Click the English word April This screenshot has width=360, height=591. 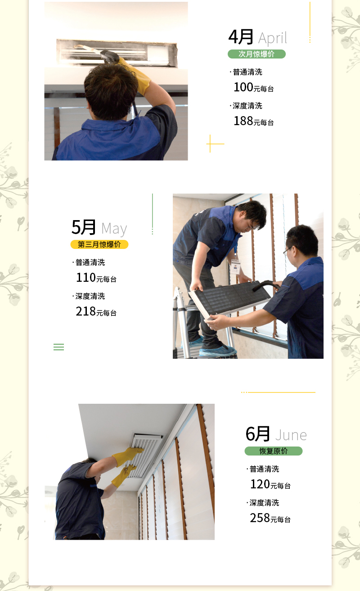click(x=272, y=38)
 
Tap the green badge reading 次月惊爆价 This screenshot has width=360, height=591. click(x=256, y=54)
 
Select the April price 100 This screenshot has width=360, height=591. click(x=243, y=87)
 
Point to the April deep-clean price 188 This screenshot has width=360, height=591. click(x=243, y=121)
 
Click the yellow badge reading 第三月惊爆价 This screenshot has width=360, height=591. click(x=99, y=244)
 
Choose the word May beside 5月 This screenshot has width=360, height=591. click(x=114, y=229)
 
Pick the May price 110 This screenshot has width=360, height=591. click(x=86, y=278)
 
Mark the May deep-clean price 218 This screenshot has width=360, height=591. click(x=86, y=311)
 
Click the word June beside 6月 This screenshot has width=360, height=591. click(x=291, y=435)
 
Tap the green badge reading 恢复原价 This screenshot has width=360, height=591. click(x=274, y=451)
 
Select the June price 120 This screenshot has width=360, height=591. click(x=260, y=484)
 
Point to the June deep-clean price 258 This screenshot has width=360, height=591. click(x=260, y=518)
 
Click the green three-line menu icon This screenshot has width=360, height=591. click(x=58, y=347)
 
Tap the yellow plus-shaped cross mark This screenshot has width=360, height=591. click(x=210, y=144)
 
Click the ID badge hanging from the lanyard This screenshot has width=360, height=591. click(x=235, y=267)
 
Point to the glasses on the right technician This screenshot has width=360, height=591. click(x=287, y=250)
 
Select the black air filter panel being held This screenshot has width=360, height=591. click(x=230, y=298)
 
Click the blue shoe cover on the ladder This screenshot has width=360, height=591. click(x=217, y=350)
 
